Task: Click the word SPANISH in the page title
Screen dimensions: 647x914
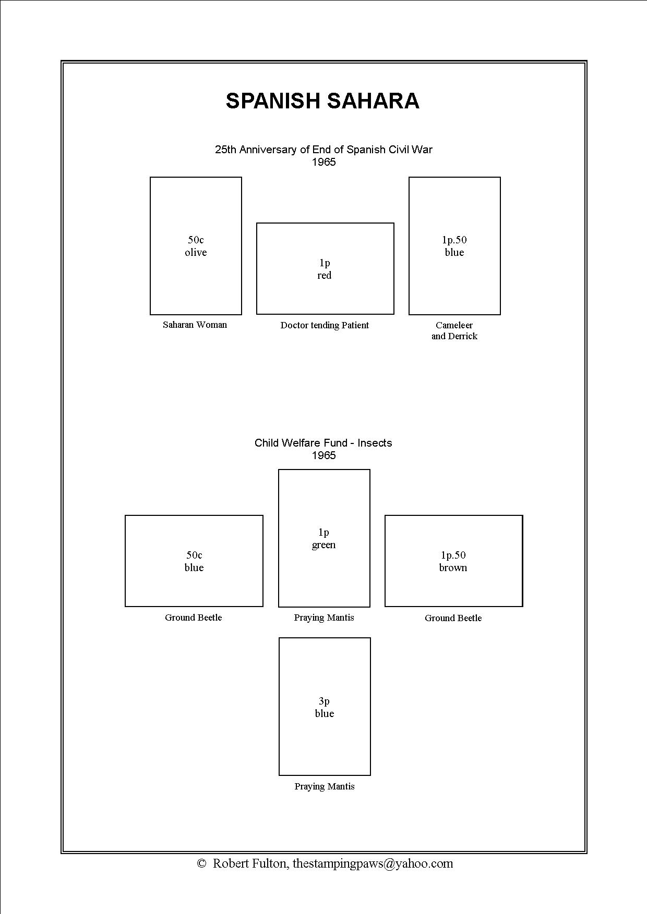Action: click(x=272, y=101)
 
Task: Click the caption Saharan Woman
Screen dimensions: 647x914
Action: click(x=195, y=325)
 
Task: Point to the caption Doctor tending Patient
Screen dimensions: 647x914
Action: click(x=325, y=325)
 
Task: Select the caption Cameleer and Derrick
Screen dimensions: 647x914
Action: click(x=454, y=331)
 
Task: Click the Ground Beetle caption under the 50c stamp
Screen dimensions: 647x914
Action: click(x=194, y=617)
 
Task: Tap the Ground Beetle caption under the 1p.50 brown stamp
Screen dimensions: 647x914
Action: click(x=453, y=618)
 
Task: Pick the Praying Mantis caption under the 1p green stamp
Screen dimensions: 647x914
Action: click(x=324, y=617)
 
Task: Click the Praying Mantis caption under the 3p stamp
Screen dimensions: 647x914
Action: click(x=325, y=786)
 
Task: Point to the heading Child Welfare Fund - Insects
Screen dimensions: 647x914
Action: click(x=323, y=443)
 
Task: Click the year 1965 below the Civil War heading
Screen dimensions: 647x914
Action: click(x=324, y=162)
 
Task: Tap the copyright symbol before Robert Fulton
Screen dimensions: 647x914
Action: click(x=202, y=863)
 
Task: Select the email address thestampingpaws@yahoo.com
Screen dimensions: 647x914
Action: click(x=373, y=864)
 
